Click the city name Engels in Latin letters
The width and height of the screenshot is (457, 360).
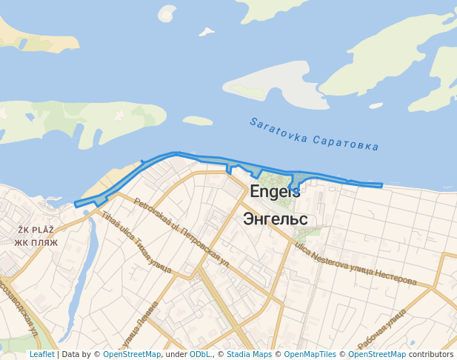pyautogui.click(x=275, y=191)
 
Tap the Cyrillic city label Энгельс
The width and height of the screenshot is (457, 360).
pyautogui.click(x=275, y=219)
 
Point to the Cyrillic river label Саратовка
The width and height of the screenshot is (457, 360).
pyautogui.click(x=346, y=142)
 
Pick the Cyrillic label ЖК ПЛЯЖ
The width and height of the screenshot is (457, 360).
pyautogui.click(x=32, y=242)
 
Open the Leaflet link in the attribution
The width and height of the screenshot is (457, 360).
pyautogui.click(x=41, y=355)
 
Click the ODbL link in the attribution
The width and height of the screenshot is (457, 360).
pyautogui.click(x=199, y=355)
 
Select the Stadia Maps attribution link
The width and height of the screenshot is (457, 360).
pyautogui.click(x=249, y=355)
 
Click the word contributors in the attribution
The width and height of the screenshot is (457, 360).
pyautogui.click(x=431, y=355)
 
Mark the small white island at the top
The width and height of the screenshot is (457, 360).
pyautogui.click(x=167, y=13)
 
